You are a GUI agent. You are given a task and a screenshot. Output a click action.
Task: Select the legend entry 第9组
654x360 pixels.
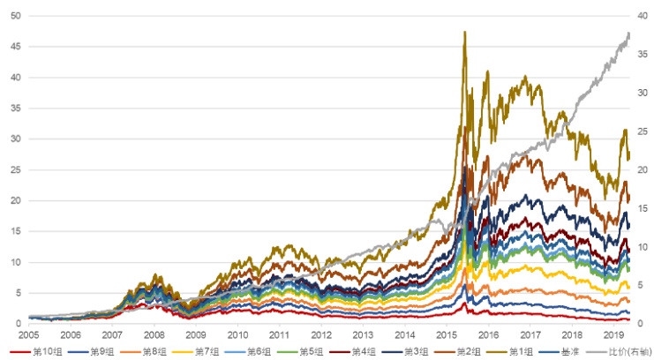click(100, 351)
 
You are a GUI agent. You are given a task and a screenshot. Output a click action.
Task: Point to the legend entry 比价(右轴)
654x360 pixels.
click(623, 351)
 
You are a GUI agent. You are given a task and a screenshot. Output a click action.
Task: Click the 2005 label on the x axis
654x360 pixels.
click(28, 335)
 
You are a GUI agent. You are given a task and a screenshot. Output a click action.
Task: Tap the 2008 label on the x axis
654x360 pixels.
click(154, 335)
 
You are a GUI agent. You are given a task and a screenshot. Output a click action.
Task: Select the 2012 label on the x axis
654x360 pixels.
click(321, 335)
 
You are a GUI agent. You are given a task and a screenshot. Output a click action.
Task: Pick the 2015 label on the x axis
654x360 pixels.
click(447, 335)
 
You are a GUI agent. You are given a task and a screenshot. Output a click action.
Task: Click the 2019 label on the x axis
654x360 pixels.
click(613, 335)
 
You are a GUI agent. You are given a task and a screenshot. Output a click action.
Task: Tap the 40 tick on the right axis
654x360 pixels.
click(642, 16)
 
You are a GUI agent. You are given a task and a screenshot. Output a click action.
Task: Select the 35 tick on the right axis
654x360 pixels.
click(642, 55)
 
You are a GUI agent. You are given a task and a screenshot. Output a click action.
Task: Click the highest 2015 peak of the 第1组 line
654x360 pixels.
click(464, 32)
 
